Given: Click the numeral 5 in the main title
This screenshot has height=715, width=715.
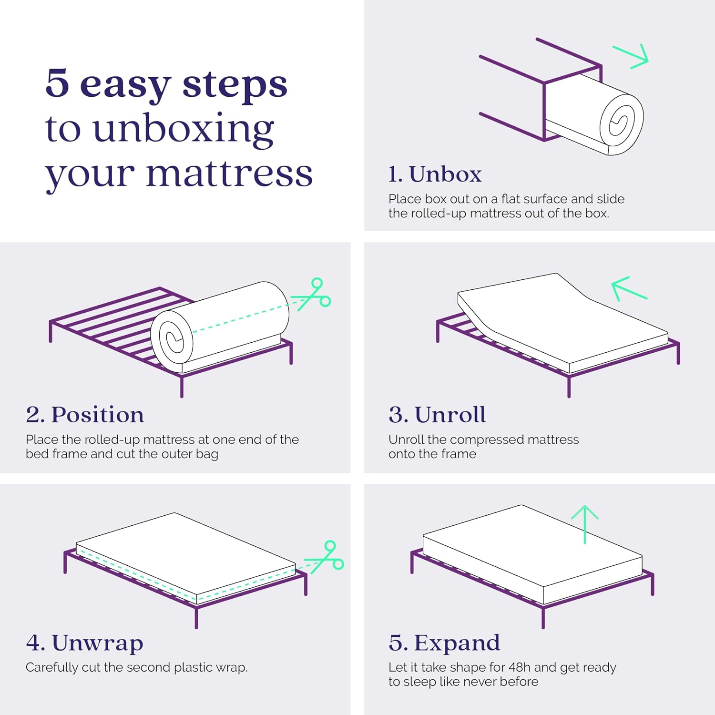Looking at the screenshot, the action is [x=57, y=83].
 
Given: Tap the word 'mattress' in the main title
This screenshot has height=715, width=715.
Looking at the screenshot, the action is [x=229, y=174].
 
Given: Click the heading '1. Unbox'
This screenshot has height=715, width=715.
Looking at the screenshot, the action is [x=435, y=174].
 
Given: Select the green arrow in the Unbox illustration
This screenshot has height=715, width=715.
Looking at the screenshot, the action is [x=631, y=57].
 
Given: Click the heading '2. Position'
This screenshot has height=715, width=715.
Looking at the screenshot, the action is [x=85, y=415].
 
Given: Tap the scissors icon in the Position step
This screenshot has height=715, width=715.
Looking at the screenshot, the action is [x=312, y=294].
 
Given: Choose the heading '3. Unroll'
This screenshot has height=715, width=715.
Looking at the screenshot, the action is [x=437, y=415].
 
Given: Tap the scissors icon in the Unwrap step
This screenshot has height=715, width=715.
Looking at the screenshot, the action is [x=325, y=556].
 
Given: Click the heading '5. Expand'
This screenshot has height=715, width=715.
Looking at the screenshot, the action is [x=444, y=643].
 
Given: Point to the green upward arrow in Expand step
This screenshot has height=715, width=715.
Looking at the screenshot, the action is [x=585, y=524].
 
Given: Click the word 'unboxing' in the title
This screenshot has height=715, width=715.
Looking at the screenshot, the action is [x=184, y=129].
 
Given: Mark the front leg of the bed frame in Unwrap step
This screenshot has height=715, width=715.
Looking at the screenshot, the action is [x=196, y=617].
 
